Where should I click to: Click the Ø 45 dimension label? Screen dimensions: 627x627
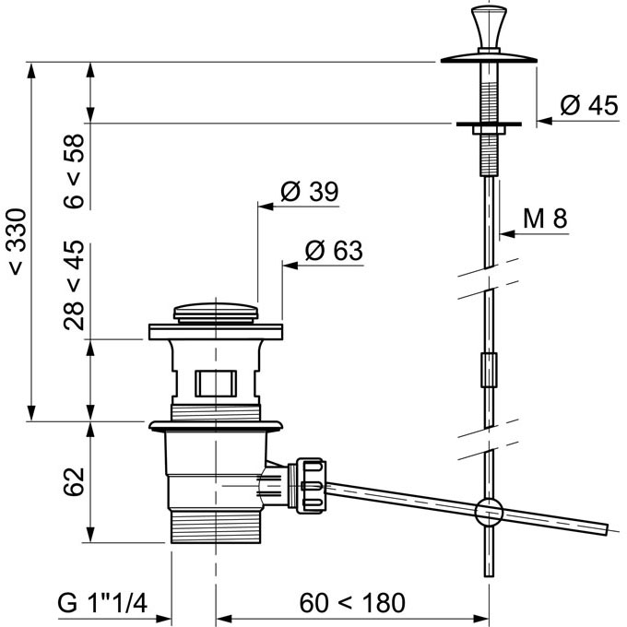tap(588, 105)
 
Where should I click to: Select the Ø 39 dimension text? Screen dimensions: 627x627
tap(310, 191)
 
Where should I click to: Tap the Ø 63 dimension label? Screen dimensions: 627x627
tap(334, 250)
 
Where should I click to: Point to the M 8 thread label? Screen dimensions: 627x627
tap(545, 219)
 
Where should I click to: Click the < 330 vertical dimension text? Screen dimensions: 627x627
tap(18, 242)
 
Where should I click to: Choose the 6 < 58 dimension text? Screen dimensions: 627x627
tap(75, 172)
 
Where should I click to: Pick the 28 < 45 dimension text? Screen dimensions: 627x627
tap(75, 285)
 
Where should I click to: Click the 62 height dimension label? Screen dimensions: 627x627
tap(75, 481)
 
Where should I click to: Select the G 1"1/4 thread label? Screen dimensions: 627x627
tap(102, 603)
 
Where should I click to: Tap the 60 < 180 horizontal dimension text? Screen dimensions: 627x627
tap(352, 603)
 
